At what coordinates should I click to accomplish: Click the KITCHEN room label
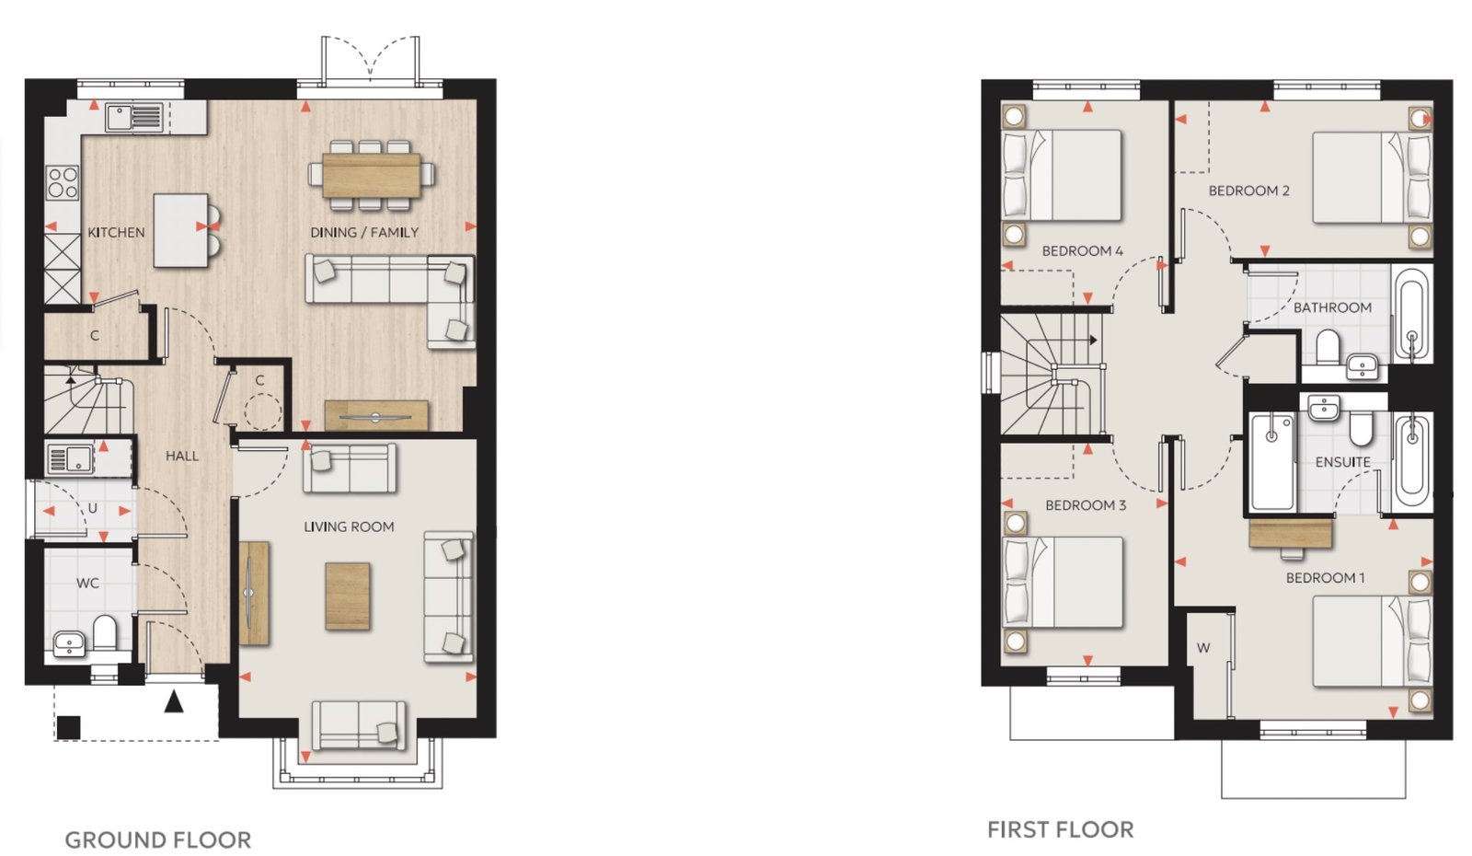click(116, 233)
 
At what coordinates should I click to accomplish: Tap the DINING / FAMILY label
click(364, 233)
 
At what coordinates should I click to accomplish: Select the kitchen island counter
click(180, 231)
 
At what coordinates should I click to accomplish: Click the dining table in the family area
click(372, 175)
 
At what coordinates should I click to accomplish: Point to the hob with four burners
click(63, 183)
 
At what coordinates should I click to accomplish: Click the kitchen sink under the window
click(134, 118)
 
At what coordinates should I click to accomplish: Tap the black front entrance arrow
click(174, 701)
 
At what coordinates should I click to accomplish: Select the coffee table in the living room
click(348, 596)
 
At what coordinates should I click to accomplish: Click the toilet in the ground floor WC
click(105, 631)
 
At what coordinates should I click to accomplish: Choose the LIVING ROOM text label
click(349, 526)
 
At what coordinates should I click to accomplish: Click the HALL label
click(182, 456)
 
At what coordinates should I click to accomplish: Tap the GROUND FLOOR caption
click(157, 839)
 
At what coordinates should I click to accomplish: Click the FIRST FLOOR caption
click(1061, 829)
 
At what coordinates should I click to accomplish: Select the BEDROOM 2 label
click(1249, 191)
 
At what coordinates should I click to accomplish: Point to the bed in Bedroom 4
click(1062, 175)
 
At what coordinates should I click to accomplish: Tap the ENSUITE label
click(1342, 462)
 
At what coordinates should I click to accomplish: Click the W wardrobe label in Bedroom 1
click(1203, 648)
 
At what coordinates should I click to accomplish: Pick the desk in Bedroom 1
click(1291, 533)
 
